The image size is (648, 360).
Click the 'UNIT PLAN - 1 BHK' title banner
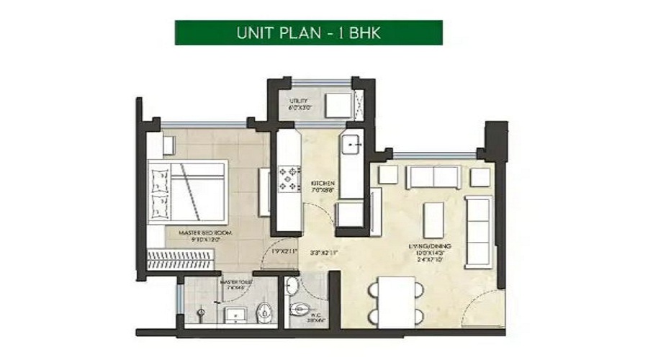pos(308,32)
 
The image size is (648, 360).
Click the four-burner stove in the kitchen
pos(290,177)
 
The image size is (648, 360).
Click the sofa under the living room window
pos(433,176)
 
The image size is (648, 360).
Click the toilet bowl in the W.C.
pos(300,311)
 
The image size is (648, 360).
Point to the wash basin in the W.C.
pos(291,286)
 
